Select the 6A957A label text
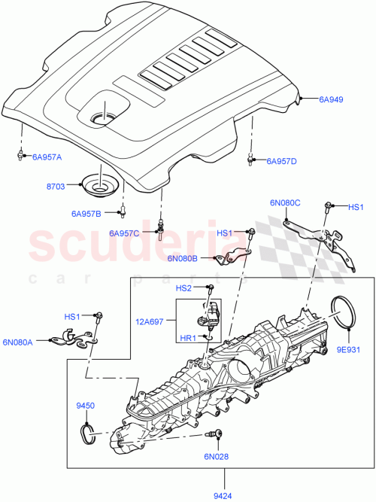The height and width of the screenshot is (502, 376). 47,157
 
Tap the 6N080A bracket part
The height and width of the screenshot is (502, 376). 71,341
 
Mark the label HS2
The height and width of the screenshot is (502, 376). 184,288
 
